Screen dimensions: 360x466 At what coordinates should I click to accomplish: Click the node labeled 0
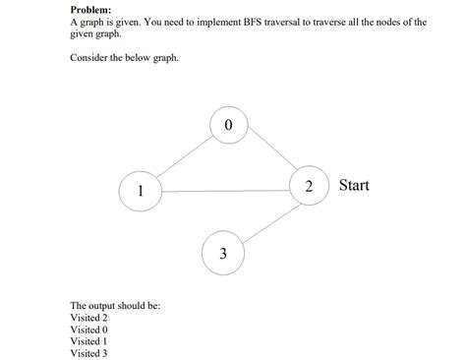pos(229,126)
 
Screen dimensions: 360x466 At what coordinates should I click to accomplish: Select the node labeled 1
pos(141,190)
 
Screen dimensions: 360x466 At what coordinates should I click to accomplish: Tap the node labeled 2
pos(310,186)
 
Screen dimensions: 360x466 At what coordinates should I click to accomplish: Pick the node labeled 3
pos(223,253)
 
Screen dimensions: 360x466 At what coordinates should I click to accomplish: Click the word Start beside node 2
pos(354,185)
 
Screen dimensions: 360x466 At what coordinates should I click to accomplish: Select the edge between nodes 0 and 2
pos(269,155)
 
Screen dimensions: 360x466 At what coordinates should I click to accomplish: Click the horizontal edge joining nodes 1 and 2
pos(225,189)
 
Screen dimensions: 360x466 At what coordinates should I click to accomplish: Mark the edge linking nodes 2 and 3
pos(267,221)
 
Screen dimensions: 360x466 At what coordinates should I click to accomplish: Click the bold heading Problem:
pos(90,9)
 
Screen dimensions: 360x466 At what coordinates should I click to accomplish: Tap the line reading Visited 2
pos(89,318)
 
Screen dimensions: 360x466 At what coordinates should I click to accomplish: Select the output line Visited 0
pos(89,330)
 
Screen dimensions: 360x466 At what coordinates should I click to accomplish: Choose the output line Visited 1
pos(89,341)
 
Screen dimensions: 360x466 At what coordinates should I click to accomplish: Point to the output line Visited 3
pos(89,353)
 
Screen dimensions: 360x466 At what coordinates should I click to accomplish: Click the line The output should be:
pos(115,306)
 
